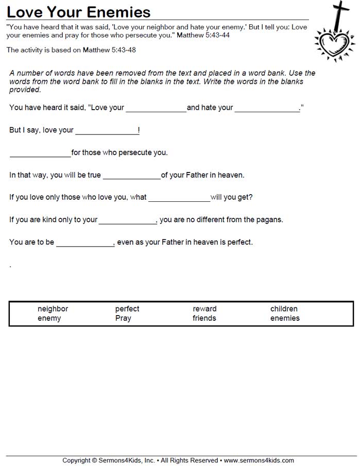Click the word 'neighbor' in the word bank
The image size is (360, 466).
53,309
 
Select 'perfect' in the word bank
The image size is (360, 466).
127,309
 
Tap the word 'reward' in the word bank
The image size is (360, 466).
204,309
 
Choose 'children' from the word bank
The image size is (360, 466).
284,309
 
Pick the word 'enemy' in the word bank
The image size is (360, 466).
49,318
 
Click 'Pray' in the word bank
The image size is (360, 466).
123,318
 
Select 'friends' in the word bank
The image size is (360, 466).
204,318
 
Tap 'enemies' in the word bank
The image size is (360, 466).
285,318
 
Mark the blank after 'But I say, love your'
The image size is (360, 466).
107,131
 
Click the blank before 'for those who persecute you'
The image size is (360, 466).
40,153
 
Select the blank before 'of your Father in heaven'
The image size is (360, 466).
132,176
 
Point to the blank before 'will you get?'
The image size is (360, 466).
179,198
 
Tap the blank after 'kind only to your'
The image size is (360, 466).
127,221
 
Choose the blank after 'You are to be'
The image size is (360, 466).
85,243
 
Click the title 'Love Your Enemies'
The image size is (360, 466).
78,12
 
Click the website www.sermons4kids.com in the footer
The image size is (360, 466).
259,460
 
